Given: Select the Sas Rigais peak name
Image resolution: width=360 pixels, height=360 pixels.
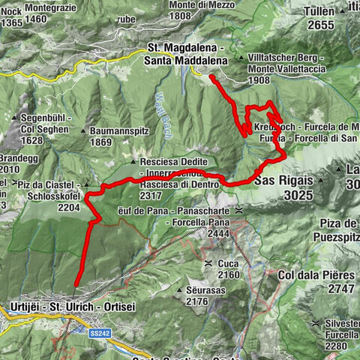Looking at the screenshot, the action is pos(281,181).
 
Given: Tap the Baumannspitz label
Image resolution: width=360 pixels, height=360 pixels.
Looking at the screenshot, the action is pos(116,130).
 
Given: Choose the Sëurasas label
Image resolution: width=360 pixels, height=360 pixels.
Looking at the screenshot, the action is pos(201,289).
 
